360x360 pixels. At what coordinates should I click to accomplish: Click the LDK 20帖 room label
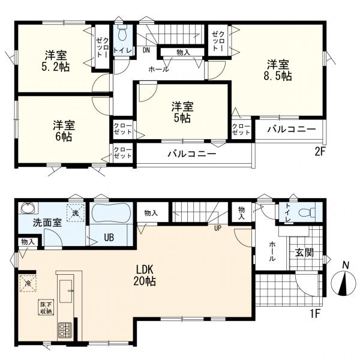[x=145, y=275]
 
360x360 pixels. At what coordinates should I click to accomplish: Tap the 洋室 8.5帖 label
[x=278, y=70]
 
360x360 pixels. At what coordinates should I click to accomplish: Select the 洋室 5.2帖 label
[x=56, y=61]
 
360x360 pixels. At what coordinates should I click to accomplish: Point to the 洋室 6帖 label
[x=64, y=131]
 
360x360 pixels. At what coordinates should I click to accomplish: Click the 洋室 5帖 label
[x=182, y=112]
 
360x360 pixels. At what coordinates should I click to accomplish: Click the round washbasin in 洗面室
[x=28, y=208]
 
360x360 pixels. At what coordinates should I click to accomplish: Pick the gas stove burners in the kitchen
[x=65, y=331]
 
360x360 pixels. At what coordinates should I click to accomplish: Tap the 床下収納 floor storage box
[x=46, y=308]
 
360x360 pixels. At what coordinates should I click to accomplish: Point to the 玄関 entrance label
[x=304, y=253]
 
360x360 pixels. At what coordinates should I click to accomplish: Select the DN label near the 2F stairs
[x=146, y=50]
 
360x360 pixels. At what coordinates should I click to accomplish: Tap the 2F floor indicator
[x=320, y=152]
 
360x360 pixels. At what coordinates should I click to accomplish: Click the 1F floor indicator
[x=316, y=314]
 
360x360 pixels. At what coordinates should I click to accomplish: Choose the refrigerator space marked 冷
[x=28, y=283]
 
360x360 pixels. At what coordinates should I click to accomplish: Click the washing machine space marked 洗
[x=76, y=213]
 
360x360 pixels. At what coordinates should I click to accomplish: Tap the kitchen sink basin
[x=66, y=291]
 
